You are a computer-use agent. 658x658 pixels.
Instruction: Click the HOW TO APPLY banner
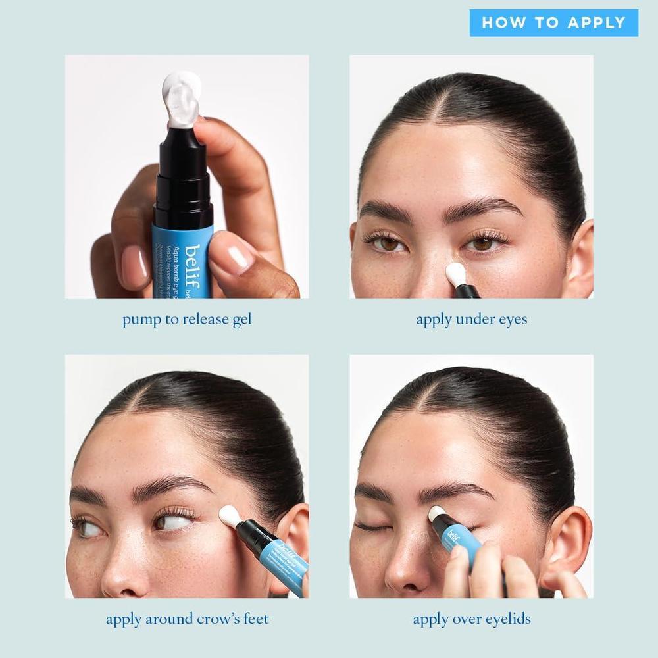click(553, 23)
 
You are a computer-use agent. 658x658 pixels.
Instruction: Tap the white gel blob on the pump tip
click(181, 99)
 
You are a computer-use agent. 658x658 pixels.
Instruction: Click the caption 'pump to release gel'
click(187, 320)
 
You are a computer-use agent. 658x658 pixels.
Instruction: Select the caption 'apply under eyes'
click(471, 320)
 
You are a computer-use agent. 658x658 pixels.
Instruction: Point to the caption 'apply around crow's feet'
click(187, 619)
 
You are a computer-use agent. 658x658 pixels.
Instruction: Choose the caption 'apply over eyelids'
click(471, 619)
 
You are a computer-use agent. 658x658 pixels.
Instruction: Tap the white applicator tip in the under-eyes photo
click(455, 273)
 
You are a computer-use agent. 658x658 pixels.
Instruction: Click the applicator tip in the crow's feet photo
click(230, 517)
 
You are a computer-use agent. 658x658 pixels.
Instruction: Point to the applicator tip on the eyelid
click(437, 513)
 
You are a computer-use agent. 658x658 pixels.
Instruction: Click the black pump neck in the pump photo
click(183, 178)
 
